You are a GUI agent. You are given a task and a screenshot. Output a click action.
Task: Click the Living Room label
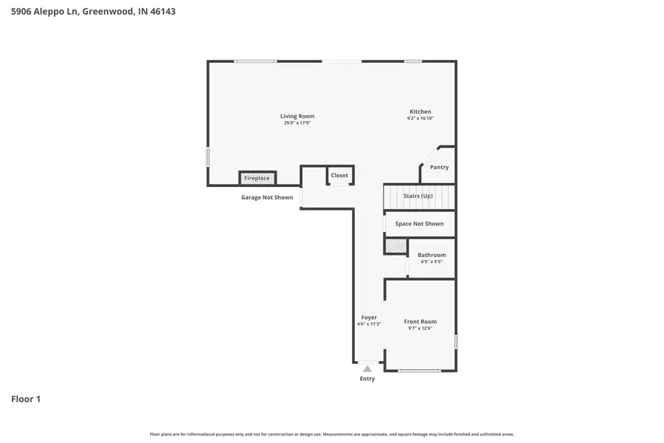(x=297, y=116)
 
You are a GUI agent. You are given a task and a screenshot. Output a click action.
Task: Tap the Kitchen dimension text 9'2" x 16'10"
(x=421, y=118)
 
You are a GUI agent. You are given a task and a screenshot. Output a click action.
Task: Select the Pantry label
(x=439, y=167)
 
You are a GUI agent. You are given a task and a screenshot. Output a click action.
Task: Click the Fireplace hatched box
(x=257, y=178)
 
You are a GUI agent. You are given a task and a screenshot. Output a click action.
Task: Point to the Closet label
(x=339, y=175)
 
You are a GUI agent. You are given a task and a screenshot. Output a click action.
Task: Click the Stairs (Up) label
(x=418, y=196)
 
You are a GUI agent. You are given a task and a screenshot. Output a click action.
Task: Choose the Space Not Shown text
(x=419, y=224)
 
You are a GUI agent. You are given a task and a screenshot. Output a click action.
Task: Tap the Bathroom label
(x=432, y=255)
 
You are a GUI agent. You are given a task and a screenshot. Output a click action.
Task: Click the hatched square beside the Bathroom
(x=395, y=246)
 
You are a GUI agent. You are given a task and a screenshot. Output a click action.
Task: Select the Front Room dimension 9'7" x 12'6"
(x=420, y=328)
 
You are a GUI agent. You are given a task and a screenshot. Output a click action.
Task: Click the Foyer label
(x=369, y=317)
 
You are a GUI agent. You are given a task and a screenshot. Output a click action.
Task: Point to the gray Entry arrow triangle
(x=367, y=368)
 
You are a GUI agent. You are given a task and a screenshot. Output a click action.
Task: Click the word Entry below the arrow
(x=367, y=379)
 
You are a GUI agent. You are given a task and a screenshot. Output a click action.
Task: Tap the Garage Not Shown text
(x=267, y=197)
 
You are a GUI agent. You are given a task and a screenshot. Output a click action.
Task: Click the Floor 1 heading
(x=26, y=399)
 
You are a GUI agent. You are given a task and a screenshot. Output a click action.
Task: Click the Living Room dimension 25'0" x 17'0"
(x=297, y=123)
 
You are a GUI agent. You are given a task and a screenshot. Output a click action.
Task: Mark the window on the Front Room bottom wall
(x=419, y=371)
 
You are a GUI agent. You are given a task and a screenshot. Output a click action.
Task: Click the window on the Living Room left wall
(x=208, y=157)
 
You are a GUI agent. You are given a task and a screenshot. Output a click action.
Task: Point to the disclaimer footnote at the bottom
(x=332, y=434)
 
